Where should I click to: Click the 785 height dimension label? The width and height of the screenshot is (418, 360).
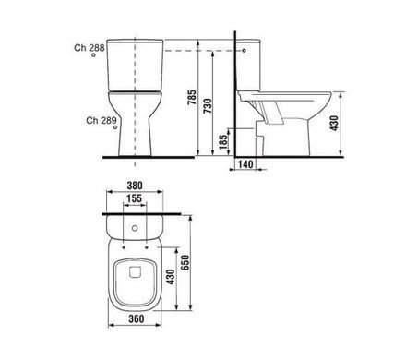point(192,97)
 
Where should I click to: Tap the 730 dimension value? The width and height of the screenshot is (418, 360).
point(208,106)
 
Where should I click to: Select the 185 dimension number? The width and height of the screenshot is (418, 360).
point(223,142)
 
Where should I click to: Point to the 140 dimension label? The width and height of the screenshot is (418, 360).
point(245,164)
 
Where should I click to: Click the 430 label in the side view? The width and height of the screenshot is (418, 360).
point(334,123)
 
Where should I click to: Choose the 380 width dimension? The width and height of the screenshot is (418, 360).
point(135,186)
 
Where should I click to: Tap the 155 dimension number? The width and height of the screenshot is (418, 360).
point(135,198)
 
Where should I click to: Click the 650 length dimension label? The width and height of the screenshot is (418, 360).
point(185,262)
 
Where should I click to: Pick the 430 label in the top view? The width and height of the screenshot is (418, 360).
point(170,277)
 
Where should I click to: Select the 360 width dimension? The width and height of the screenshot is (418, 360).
point(136,318)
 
